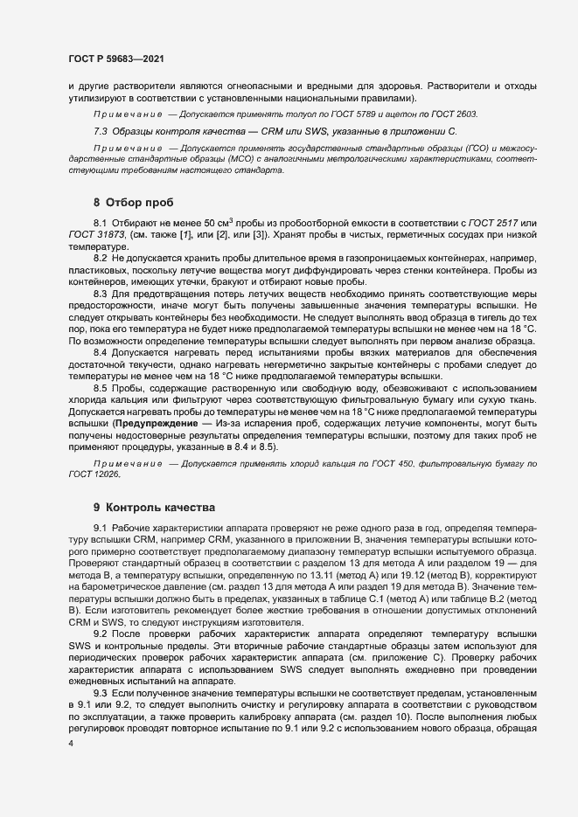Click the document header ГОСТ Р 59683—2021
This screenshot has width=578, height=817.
coord(115,59)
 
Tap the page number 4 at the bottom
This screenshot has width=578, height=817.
coord(71,792)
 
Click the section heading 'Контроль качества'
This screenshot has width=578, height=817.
coord(153,507)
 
